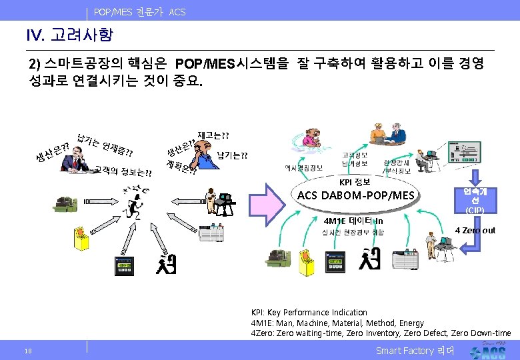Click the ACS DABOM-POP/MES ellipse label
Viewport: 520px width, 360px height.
point(355,195)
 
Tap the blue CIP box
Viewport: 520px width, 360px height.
point(475,200)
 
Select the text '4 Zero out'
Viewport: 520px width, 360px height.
point(475,230)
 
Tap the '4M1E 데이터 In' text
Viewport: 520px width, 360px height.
point(353,221)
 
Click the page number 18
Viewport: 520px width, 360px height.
point(27,351)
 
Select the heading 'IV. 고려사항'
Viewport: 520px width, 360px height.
point(69,34)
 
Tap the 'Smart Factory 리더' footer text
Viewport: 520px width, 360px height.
point(415,351)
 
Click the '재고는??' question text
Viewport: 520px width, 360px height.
point(213,135)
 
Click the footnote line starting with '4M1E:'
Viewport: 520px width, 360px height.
point(337,323)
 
